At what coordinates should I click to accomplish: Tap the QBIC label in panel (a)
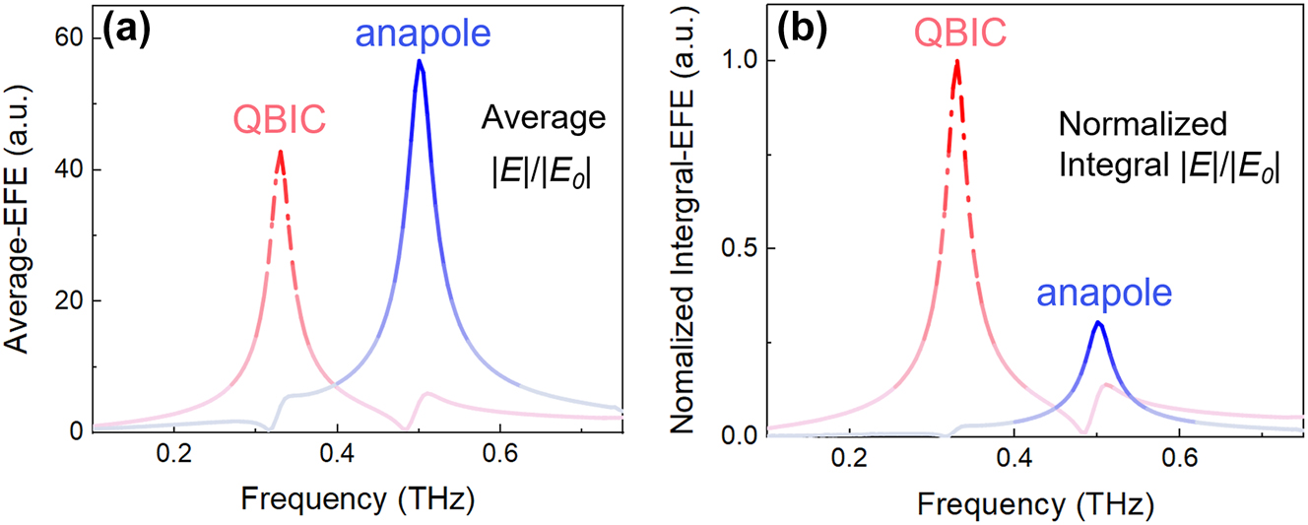pos(280,120)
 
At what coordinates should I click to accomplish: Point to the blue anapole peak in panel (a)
pos(420,61)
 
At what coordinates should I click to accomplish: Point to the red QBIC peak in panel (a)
pos(281,152)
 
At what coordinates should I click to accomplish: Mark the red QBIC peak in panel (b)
pos(955,61)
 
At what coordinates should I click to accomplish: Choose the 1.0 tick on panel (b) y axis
pos(739,60)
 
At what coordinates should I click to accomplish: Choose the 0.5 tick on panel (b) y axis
pos(739,247)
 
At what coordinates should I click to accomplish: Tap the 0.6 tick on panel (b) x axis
pos(1179,459)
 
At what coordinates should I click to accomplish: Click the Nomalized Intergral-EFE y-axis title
pos(689,236)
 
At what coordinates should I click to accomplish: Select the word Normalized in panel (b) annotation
pos(1144,125)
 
